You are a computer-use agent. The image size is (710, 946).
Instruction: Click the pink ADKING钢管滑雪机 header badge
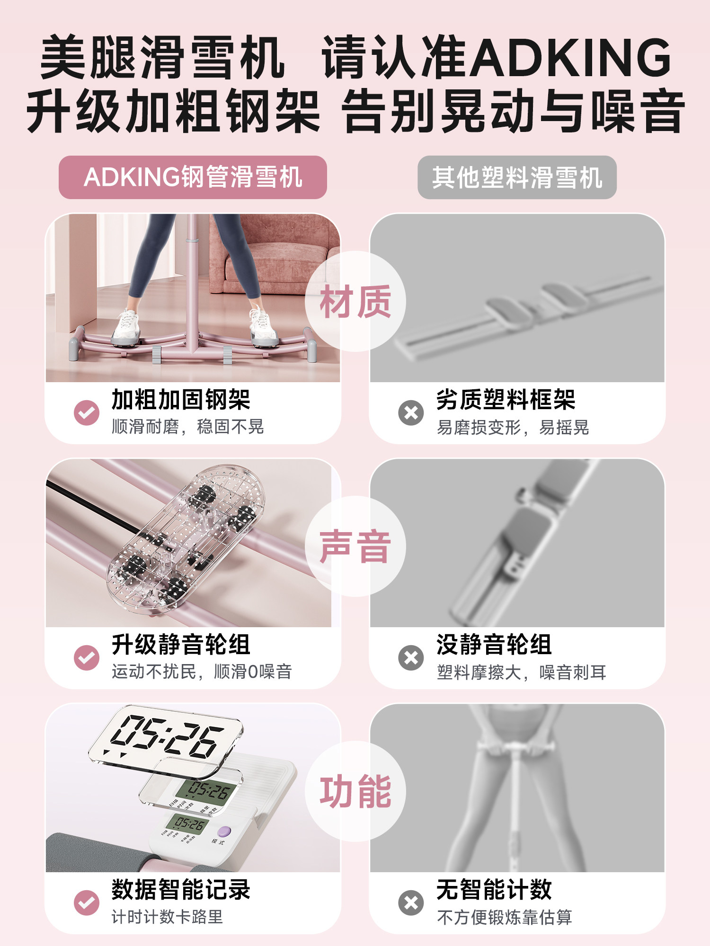[193, 177]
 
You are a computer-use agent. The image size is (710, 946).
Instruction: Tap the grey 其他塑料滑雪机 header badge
[517, 177]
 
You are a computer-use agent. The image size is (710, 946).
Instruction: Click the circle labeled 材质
[355, 301]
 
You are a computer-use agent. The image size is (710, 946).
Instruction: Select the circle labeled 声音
[355, 546]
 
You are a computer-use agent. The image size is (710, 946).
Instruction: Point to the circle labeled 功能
[355, 791]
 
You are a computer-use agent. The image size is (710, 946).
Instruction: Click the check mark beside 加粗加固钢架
[87, 412]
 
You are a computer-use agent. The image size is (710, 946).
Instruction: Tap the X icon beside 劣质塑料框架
[411, 412]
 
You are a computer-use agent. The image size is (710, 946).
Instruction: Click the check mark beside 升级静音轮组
[87, 657]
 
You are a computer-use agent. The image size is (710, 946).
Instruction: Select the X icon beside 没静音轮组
[411, 657]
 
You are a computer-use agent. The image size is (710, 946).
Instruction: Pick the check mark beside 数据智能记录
[87, 902]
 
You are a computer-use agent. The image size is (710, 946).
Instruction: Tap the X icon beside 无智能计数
[411, 902]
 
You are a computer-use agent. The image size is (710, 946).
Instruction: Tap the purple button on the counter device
[223, 832]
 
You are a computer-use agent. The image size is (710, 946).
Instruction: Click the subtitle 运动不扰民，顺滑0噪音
[202, 672]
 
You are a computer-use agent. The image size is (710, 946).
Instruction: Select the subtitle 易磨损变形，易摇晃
[512, 427]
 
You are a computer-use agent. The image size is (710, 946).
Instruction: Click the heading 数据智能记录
[181, 889]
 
